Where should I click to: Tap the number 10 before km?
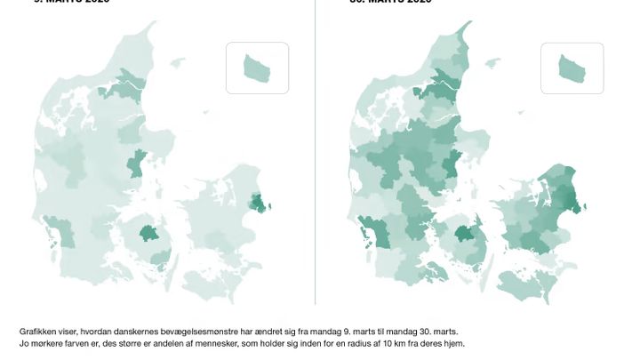click(x=386, y=343)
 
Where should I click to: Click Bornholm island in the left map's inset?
click(x=257, y=67)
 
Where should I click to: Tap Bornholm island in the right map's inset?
click(x=571, y=68)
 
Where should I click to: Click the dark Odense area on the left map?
click(x=148, y=235)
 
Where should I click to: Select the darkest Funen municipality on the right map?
click(x=464, y=235)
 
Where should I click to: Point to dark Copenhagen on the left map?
click(x=260, y=204)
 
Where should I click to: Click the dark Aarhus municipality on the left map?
click(x=137, y=164)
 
